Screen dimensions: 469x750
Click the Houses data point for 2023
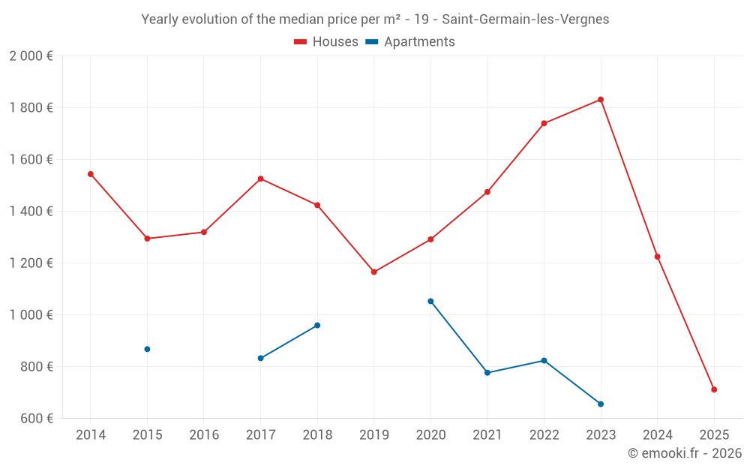pyautogui.click(x=601, y=100)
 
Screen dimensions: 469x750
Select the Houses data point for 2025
pyautogui.click(x=714, y=389)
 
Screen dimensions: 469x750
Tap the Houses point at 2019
pyautogui.click(x=374, y=272)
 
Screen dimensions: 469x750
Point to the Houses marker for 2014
pyautogui.click(x=91, y=174)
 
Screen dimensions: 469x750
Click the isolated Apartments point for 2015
pyautogui.click(x=147, y=349)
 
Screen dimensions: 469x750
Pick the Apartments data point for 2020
pyautogui.click(x=430, y=302)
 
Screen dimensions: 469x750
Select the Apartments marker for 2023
pyautogui.click(x=601, y=404)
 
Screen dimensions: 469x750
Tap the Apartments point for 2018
pyautogui.click(x=317, y=326)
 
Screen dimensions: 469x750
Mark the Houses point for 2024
pyautogui.click(x=658, y=257)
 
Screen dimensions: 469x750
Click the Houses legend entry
pyautogui.click(x=326, y=42)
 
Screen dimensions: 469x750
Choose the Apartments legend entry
pyautogui.click(x=410, y=42)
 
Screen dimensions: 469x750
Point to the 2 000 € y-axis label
pyautogui.click(x=31, y=56)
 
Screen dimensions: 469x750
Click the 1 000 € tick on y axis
pyautogui.click(x=31, y=315)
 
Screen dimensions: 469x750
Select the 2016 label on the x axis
pyautogui.click(x=204, y=435)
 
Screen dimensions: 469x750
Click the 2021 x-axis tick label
pyautogui.click(x=487, y=435)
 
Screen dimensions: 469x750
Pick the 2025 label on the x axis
pyautogui.click(x=714, y=435)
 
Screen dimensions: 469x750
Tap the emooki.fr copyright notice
pyautogui.click(x=685, y=453)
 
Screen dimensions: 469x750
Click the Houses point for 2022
pyautogui.click(x=544, y=124)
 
